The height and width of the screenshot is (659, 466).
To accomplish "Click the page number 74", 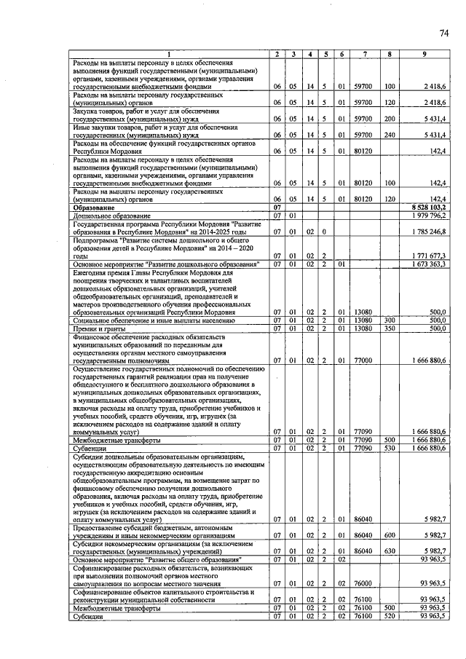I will (443, 33).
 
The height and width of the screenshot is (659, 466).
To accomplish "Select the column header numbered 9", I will (424, 55).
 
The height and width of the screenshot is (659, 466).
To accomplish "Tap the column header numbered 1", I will (168, 55).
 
